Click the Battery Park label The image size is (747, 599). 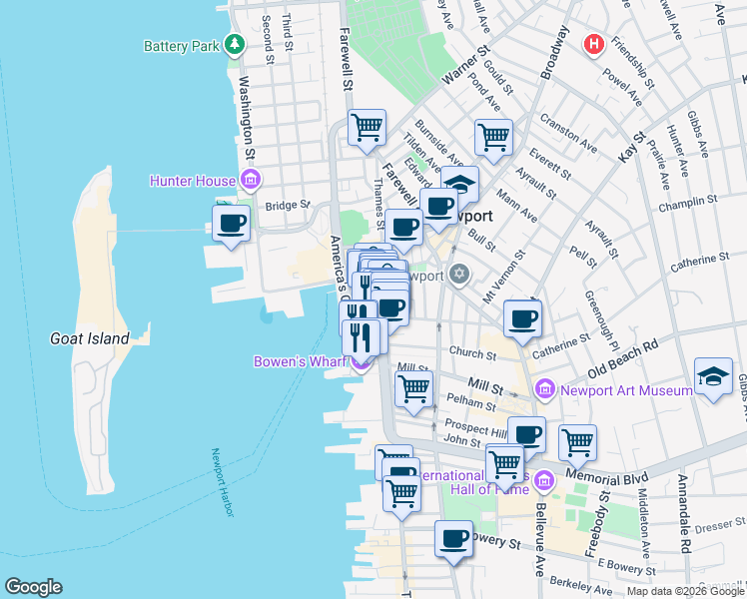tap(181, 46)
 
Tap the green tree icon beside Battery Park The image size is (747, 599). tap(235, 45)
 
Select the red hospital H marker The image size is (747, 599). tap(594, 45)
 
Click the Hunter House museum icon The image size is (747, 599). tap(251, 181)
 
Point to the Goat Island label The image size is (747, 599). tap(90, 338)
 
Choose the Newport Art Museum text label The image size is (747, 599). tap(627, 390)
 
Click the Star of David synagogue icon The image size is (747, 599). tap(459, 273)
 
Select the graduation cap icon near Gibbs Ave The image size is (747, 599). tap(713, 376)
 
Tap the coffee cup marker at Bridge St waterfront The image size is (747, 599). tap(232, 223)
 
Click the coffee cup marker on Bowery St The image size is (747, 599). tap(453, 539)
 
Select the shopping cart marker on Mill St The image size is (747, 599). tap(413, 387)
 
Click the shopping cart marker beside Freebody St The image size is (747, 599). tap(577, 442)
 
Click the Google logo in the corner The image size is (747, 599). tap(33, 587)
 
